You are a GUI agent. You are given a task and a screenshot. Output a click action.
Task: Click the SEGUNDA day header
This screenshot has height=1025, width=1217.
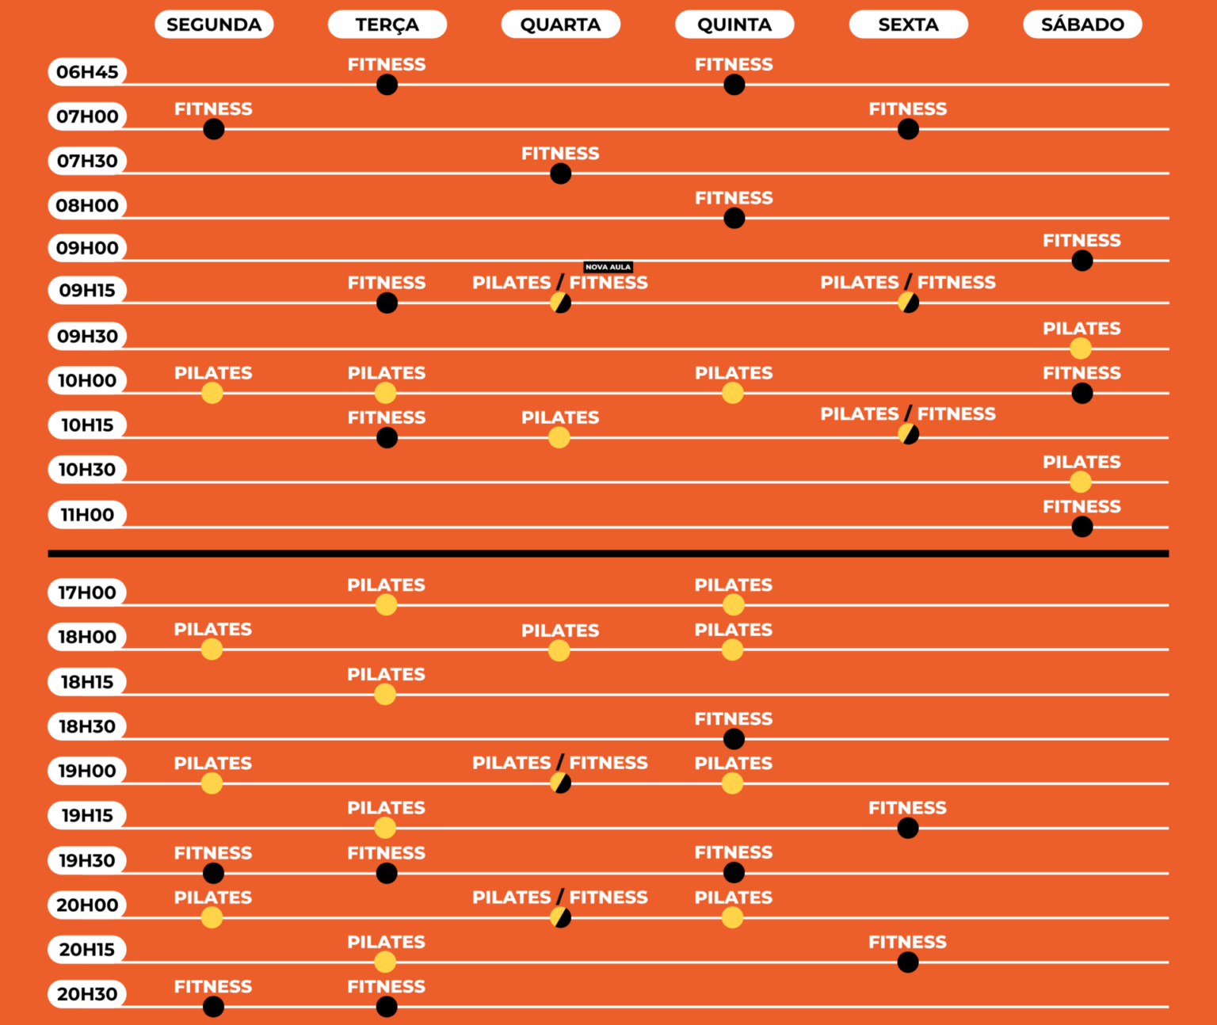pos(214,25)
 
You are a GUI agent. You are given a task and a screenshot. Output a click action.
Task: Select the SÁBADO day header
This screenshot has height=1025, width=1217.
pos(1082,25)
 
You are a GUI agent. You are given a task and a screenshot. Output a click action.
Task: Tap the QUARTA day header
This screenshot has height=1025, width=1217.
pos(560,25)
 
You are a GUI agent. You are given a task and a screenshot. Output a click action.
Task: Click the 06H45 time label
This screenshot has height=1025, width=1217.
pos(87,72)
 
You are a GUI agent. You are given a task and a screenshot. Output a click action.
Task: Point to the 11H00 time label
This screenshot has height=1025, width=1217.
pos(87,515)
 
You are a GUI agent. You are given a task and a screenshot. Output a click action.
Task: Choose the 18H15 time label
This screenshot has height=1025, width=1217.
pos(87,682)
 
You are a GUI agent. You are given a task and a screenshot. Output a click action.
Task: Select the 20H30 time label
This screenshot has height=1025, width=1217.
pos(87,994)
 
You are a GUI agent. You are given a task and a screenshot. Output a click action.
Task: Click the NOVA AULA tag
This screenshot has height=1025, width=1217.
pos(608,267)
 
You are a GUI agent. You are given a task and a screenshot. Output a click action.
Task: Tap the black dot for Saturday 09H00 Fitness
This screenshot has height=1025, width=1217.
pos(1082,261)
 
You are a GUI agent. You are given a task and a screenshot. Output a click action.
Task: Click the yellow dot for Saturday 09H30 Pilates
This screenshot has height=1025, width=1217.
pos(1080,348)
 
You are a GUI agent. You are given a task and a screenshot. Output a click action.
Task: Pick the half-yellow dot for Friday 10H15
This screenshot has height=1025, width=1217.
pos(908,434)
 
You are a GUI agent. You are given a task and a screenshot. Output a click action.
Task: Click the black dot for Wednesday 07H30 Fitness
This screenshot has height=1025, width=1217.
pos(560,173)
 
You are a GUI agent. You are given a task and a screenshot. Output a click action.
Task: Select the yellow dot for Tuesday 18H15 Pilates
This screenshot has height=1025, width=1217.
pos(385,694)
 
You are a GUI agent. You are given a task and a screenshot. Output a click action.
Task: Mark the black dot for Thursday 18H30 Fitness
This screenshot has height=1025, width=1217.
pos(734,739)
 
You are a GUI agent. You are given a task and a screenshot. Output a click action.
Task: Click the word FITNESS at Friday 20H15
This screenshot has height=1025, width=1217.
pos(907,942)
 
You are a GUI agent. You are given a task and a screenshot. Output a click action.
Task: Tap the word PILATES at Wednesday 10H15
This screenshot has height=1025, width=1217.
pos(560,417)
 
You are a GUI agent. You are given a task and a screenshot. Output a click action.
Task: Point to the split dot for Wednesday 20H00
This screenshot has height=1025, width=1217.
pos(560,917)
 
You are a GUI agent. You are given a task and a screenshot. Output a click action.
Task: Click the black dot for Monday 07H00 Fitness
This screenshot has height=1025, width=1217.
pos(213,129)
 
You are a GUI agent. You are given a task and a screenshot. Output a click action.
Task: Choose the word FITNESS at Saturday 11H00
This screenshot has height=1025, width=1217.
pos(1082,507)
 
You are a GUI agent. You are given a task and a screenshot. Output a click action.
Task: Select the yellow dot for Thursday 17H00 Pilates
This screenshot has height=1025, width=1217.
pos(733,604)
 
